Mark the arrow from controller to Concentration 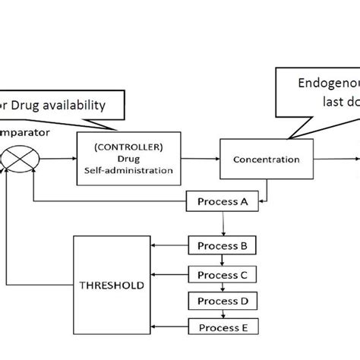[x=201, y=159]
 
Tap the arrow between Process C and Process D [x=223, y=287]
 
